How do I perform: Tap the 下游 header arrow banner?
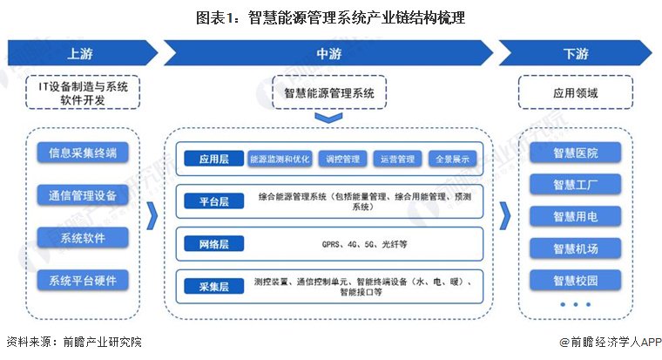576,53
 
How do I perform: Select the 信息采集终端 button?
83,153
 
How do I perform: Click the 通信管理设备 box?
83,195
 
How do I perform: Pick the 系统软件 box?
83,238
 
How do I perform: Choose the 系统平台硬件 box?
83,280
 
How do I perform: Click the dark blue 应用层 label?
214,159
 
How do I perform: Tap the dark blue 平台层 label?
214,201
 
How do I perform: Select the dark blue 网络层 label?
214,244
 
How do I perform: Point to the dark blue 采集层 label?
214,287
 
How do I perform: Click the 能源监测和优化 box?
280,159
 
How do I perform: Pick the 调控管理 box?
343,159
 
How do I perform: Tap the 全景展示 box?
453,159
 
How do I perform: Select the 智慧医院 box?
576,153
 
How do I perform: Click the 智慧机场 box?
576,248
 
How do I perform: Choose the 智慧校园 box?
576,280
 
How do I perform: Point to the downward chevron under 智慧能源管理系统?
329,119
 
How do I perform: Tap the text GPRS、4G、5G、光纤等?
364,244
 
